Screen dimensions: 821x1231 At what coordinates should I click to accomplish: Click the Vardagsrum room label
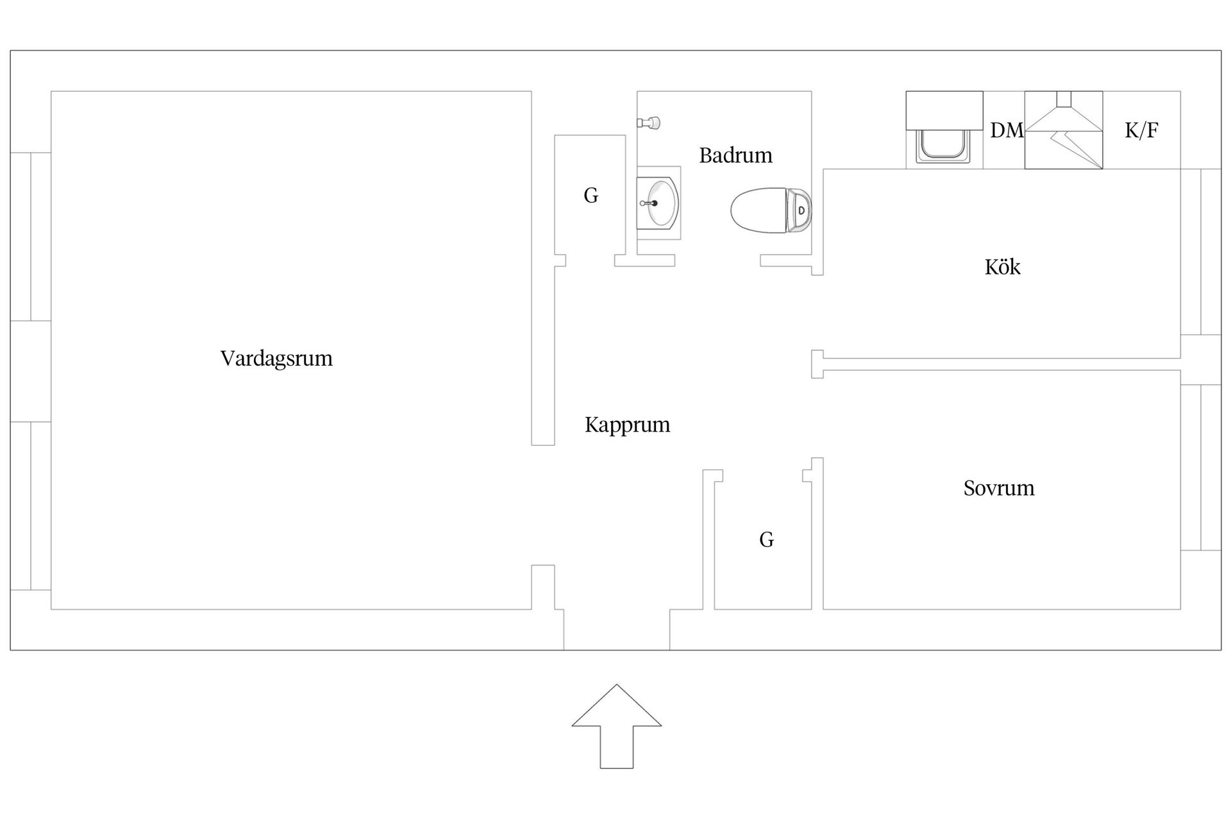[x=276, y=358]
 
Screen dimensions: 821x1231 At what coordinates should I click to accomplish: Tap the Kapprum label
[x=627, y=425]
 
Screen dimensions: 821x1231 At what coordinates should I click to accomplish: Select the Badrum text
[x=735, y=155]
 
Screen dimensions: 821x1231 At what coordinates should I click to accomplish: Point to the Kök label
[x=1002, y=267]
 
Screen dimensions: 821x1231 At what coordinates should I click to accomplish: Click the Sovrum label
[x=998, y=488]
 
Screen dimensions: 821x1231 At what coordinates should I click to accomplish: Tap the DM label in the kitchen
[x=1007, y=130]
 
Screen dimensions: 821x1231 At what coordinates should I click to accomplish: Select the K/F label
[x=1141, y=130]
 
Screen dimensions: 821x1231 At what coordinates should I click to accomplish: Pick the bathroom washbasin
[x=658, y=203]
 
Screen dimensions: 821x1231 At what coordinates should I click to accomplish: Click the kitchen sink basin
[x=944, y=146]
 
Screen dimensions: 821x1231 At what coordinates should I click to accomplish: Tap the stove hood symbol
[x=1063, y=130]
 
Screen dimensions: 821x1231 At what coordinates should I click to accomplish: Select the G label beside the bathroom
[x=590, y=195]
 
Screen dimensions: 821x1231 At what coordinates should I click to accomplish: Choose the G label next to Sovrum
[x=766, y=540]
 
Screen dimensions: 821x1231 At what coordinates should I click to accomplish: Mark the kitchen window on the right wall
[x=1201, y=251]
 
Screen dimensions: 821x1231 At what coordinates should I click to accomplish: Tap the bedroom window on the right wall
[x=1201, y=468]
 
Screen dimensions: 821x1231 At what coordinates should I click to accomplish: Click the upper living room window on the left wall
[x=31, y=237]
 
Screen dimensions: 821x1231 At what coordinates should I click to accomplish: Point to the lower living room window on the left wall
[x=31, y=505]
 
